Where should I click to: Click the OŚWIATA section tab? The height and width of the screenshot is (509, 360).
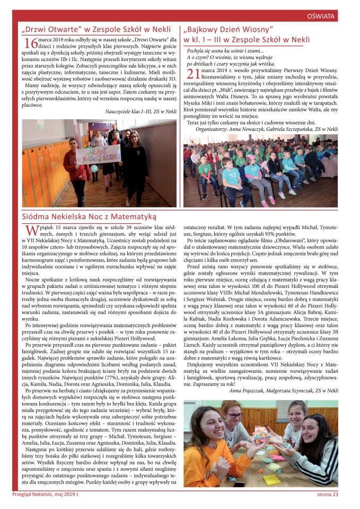[x=321, y=16]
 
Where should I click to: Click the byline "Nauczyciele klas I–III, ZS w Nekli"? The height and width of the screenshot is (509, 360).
[x=141, y=112]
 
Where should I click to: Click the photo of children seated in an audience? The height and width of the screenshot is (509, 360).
[x=260, y=170]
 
